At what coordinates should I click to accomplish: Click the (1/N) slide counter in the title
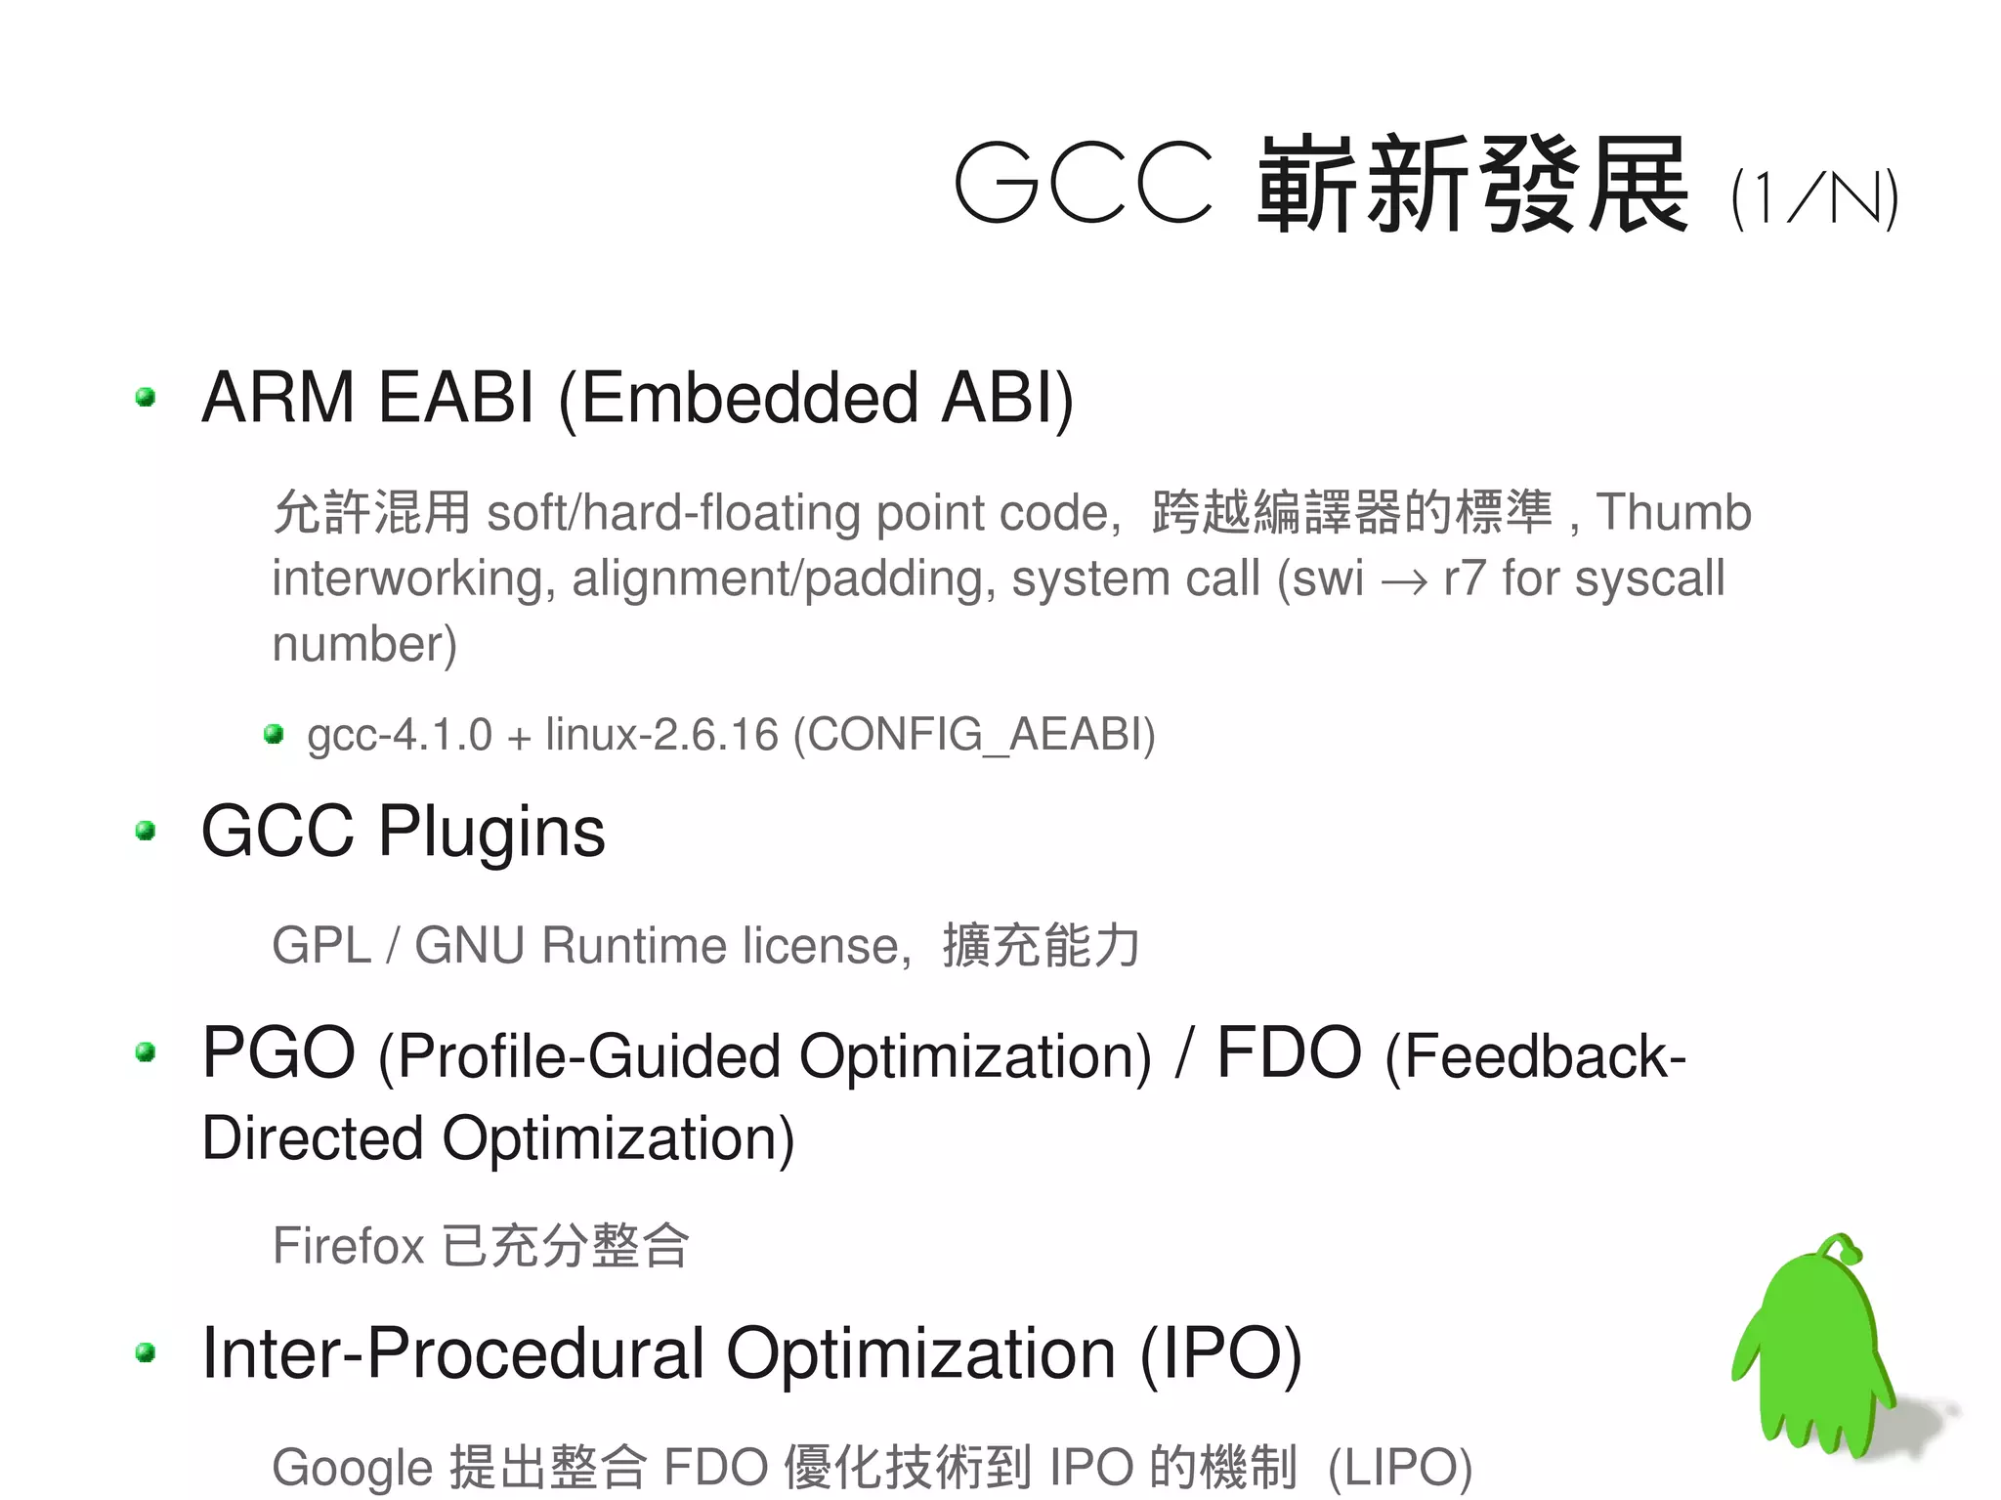pyautogui.click(x=1813, y=199)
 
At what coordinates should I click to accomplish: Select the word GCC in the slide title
pyautogui.click(x=1084, y=184)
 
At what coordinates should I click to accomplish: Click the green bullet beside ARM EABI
pyautogui.click(x=147, y=397)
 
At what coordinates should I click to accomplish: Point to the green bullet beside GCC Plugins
pyautogui.click(x=147, y=831)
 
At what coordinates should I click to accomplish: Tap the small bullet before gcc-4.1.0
pyautogui.click(x=274, y=733)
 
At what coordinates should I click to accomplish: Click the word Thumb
pyautogui.click(x=1674, y=512)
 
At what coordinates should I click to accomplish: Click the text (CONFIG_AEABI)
pyautogui.click(x=974, y=734)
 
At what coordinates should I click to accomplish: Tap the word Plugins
pyautogui.click(x=491, y=832)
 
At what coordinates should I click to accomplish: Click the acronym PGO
pyautogui.click(x=278, y=1053)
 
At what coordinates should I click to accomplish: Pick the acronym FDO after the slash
pyautogui.click(x=1289, y=1053)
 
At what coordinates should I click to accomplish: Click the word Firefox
pyautogui.click(x=349, y=1246)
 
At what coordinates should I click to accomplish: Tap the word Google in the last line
pyautogui.click(x=352, y=1468)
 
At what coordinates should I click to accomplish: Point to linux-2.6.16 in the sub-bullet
pyautogui.click(x=661, y=734)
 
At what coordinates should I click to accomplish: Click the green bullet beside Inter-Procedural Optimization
pyautogui.click(x=147, y=1352)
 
